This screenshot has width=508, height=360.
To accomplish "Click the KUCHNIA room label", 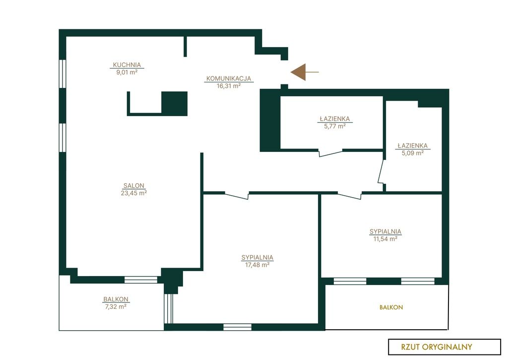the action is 127,65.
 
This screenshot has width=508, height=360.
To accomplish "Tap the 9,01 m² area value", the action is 127,72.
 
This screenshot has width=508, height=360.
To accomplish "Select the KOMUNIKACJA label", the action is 229,78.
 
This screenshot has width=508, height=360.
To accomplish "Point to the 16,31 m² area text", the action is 229,86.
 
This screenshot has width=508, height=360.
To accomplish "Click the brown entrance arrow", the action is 305,72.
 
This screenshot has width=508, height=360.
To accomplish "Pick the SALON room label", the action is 134,186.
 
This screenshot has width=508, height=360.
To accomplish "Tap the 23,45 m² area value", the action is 134,193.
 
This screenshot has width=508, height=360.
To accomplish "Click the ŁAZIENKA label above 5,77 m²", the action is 335,119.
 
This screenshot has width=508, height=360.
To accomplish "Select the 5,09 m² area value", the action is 413,153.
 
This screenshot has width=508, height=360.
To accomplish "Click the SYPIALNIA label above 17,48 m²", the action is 257,258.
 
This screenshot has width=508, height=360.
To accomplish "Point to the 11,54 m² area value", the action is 385,239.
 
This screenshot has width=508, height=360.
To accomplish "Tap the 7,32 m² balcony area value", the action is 116,306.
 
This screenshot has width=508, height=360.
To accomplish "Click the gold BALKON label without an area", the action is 391,307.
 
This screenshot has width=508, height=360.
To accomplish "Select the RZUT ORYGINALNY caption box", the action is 444,347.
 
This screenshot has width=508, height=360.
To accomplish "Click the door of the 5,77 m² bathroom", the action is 330,153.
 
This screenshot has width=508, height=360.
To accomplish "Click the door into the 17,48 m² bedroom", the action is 237,195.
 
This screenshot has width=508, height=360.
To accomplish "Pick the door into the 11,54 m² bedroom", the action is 350,195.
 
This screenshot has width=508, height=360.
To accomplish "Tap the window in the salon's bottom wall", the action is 141,280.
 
